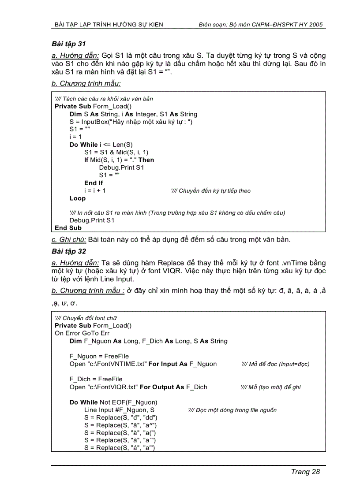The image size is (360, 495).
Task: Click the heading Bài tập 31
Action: [x=68, y=44]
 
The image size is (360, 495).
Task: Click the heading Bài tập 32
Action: [x=69, y=251]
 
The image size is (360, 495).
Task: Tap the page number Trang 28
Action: [x=305, y=472]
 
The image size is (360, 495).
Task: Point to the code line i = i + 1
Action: [x=95, y=191]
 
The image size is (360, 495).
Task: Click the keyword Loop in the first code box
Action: [x=78, y=198]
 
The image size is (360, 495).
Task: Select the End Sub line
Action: [x=68, y=228]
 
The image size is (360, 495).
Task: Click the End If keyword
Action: [x=94, y=183]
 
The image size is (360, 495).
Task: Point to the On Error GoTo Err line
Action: [x=82, y=333]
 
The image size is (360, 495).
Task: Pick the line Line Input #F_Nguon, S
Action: [x=120, y=410]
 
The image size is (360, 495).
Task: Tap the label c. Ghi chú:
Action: [x=69, y=240]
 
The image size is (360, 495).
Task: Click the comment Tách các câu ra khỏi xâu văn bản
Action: [x=104, y=99]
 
